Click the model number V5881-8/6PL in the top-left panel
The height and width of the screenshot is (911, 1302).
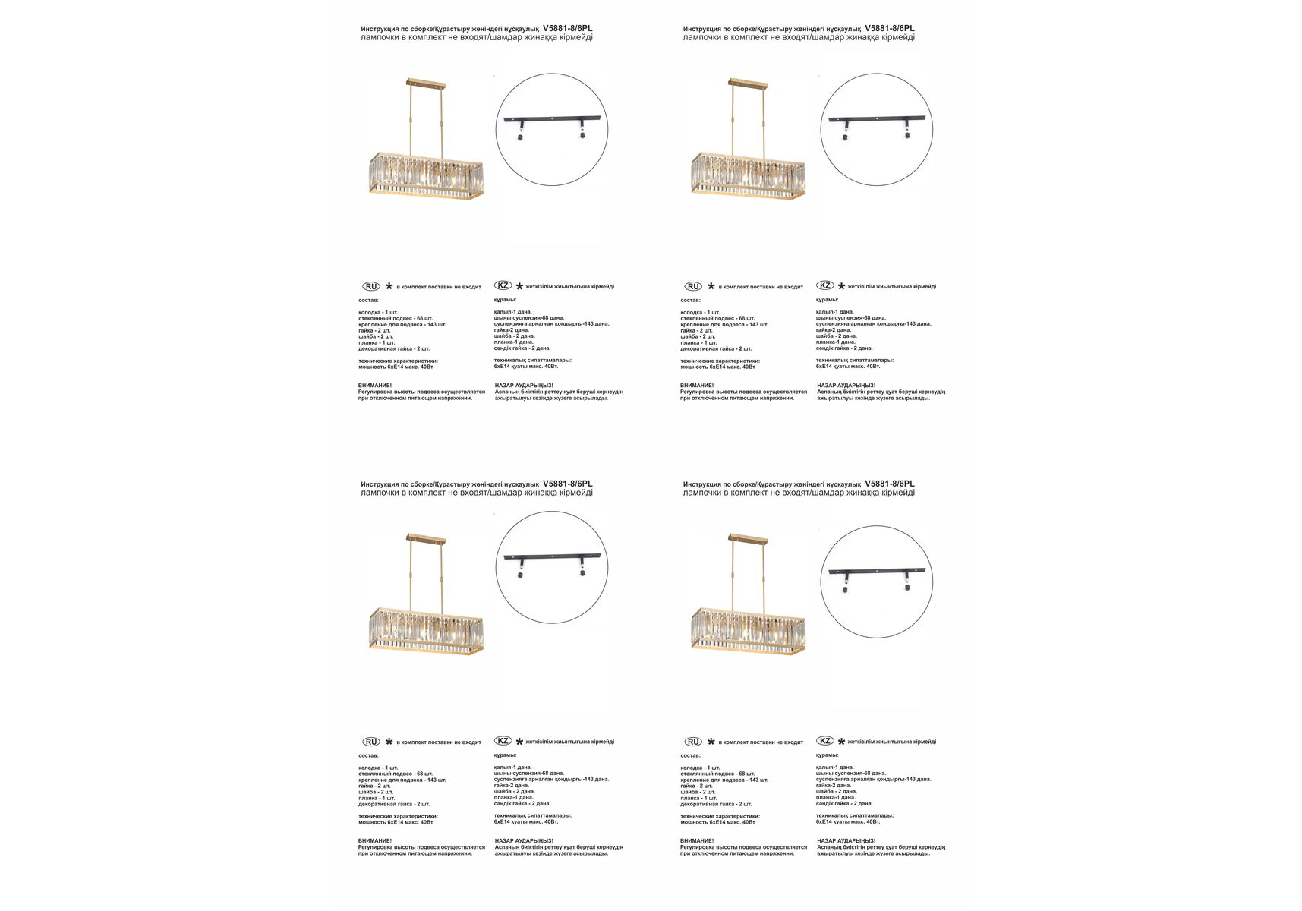568,28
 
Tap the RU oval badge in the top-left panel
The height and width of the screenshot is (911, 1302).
370,286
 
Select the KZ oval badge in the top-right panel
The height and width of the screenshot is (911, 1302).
824,285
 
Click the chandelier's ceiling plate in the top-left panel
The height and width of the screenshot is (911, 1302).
427,81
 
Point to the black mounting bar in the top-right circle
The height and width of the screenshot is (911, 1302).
876,119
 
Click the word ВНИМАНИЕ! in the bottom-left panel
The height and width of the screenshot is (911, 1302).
375,840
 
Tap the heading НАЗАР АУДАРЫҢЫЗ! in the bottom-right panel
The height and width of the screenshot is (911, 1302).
846,840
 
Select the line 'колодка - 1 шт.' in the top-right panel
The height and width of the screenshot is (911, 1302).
700,312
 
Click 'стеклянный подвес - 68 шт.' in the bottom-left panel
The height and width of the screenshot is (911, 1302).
396,774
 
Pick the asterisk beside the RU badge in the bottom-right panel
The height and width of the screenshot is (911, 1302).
711,742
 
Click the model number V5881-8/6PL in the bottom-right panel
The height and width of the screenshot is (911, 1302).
890,484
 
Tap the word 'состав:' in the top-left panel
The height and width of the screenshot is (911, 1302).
368,300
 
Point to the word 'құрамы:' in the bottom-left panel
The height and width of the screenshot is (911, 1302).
505,755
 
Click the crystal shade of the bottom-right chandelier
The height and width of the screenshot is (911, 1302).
748,629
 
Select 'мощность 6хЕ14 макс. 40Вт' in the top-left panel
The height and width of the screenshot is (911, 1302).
396,367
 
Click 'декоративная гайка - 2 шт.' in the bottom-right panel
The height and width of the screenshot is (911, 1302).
716,804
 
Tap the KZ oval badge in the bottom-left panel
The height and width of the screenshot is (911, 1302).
503,741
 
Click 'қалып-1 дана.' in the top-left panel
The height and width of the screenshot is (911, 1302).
512,311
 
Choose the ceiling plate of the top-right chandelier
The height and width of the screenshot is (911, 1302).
749,81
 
